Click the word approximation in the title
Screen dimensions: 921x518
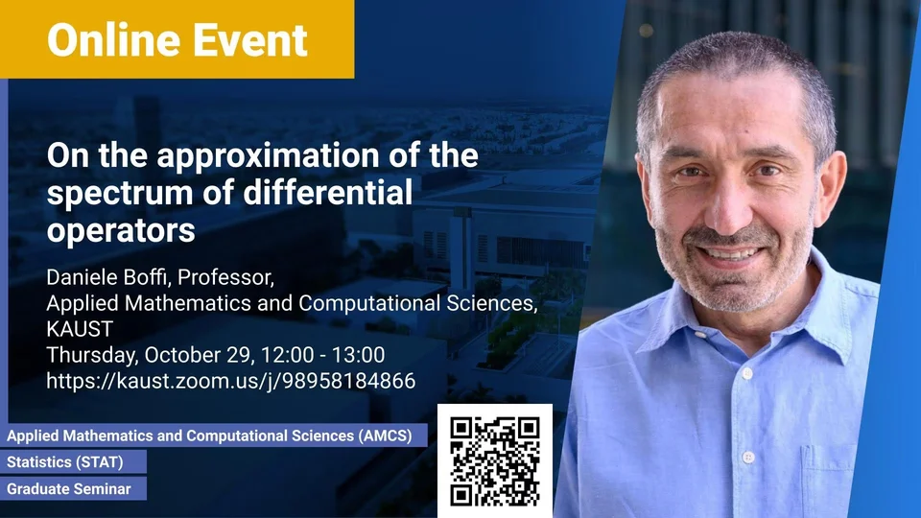point(272,156)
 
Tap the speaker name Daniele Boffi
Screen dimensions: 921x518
point(108,277)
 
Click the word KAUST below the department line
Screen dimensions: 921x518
point(80,329)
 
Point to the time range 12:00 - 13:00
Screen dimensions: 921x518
point(322,355)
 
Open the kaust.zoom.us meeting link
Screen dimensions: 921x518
point(231,381)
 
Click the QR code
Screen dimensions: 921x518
point(495,461)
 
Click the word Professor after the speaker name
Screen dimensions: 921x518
point(225,277)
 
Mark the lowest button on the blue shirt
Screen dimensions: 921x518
point(748,457)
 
